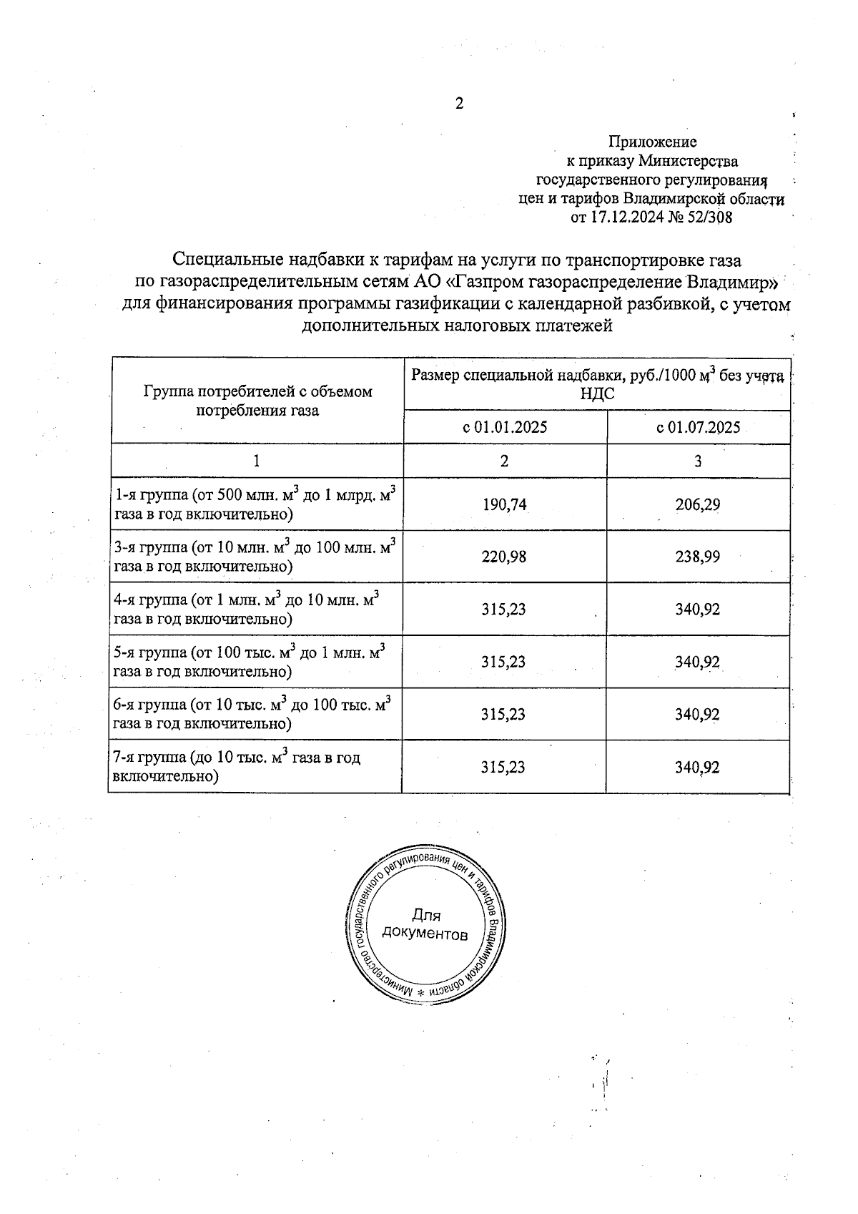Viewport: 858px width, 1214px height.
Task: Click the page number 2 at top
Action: point(460,104)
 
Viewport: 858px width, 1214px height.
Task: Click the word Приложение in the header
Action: point(652,142)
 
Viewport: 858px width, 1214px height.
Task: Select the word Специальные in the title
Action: point(227,258)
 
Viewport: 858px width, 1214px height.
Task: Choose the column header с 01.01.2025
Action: point(505,428)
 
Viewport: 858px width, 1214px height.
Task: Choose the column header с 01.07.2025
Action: point(698,428)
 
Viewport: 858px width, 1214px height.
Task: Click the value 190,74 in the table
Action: point(504,504)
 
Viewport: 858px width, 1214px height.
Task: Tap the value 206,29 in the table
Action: point(698,504)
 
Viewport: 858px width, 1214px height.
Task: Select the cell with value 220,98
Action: point(504,557)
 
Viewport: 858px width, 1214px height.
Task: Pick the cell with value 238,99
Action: point(698,557)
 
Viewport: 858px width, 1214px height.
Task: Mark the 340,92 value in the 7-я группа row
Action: point(697,768)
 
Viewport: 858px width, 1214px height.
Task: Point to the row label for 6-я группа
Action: point(252,713)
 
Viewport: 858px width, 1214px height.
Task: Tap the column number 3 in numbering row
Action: point(698,461)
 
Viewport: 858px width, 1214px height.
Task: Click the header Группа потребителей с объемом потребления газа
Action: point(257,401)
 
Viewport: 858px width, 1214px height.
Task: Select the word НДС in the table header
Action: point(597,394)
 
